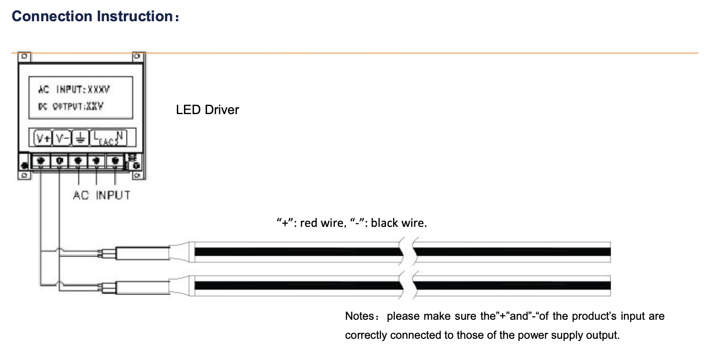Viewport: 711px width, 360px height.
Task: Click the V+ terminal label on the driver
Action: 43,138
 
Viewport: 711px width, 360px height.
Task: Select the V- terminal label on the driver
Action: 62,138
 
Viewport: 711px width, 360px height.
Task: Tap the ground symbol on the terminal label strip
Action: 80,138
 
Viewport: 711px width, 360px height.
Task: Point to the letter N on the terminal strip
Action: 119,136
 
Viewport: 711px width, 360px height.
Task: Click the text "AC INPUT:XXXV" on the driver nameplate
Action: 74,90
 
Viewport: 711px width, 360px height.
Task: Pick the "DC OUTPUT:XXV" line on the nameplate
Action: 71,107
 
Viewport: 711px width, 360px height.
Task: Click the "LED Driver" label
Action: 207,110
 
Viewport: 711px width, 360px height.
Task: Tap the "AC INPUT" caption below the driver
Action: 101,195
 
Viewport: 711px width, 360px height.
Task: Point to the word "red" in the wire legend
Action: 308,223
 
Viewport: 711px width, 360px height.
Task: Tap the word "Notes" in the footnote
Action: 359,316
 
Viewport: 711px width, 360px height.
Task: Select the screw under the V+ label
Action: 41,160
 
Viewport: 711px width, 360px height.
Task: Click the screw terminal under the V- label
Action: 59,160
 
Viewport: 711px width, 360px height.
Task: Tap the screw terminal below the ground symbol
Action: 78,160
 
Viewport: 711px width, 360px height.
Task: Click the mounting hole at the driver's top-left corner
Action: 24,57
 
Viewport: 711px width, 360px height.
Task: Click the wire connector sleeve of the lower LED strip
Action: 142,287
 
